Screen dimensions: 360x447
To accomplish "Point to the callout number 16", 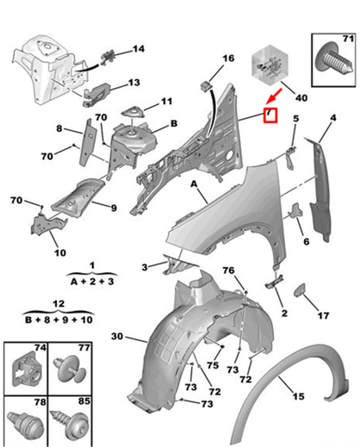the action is pyautogui.click(x=229, y=58).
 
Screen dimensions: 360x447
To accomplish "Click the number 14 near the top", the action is pyautogui.click(x=139, y=49).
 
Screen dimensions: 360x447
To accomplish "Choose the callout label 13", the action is pyautogui.click(x=134, y=83).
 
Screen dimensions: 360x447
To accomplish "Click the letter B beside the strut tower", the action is pyautogui.click(x=174, y=124).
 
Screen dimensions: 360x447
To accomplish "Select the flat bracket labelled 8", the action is pyautogui.click(x=88, y=142).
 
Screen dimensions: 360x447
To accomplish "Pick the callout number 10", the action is pyautogui.click(x=60, y=253).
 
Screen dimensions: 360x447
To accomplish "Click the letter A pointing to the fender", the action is pyautogui.click(x=194, y=184).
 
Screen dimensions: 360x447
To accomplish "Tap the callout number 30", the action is pyautogui.click(x=117, y=337).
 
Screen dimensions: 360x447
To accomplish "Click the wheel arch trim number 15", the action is pyautogui.click(x=298, y=396).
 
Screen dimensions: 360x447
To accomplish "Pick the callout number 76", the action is pyautogui.click(x=229, y=270).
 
